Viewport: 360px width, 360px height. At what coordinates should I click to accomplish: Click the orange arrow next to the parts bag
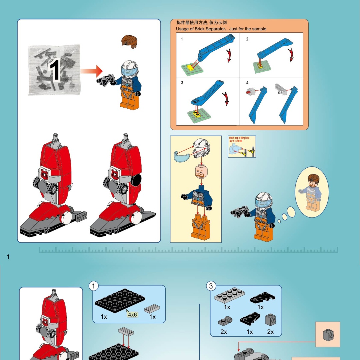click(91, 71)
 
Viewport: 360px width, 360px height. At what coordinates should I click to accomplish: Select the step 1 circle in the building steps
click(94, 286)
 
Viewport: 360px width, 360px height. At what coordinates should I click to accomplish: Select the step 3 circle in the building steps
click(211, 286)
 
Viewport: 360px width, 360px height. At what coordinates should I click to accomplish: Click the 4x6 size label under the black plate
click(132, 314)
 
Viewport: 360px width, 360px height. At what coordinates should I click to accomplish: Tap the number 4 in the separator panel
click(247, 83)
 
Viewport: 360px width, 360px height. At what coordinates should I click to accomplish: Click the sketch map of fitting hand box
click(242, 147)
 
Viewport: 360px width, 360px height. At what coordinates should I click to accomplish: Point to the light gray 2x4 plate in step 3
click(230, 295)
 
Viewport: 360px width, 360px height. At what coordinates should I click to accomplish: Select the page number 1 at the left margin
click(8, 257)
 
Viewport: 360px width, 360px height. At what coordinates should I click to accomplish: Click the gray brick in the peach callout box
click(327, 334)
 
